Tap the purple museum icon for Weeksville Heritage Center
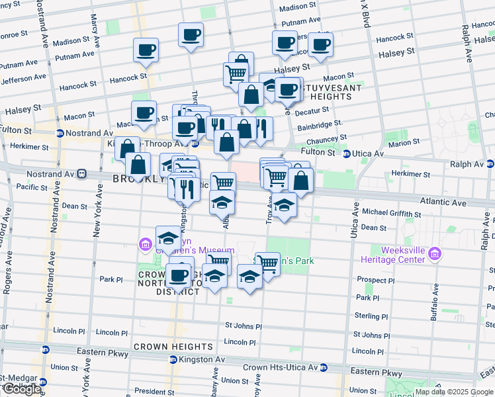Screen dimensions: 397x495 click(435, 253)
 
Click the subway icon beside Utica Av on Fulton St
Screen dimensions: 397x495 click(347, 154)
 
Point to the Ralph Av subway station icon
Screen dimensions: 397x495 click(490, 163)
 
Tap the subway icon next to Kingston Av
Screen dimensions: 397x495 click(173, 359)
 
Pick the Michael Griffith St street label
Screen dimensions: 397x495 click(391, 214)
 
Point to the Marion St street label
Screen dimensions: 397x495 click(404, 143)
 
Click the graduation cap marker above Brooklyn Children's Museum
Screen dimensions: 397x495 click(168, 237)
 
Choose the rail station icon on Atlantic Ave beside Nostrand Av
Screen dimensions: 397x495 click(82, 175)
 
